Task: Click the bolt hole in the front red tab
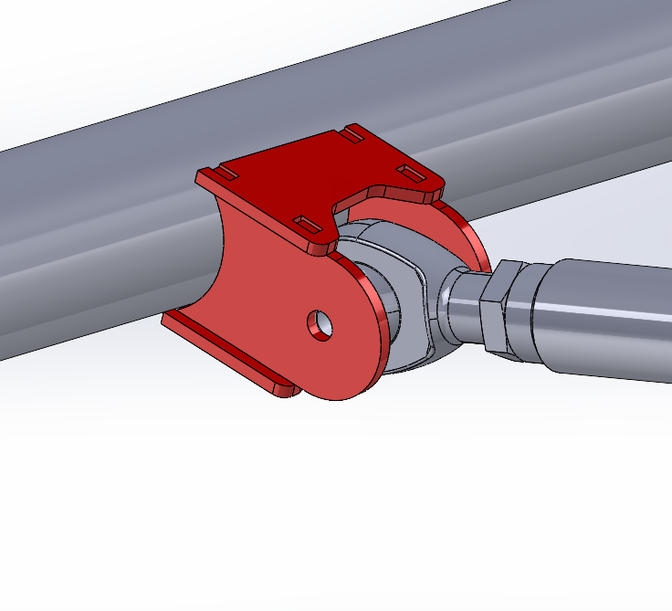point(320,325)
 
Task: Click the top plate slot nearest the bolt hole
point(307,223)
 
